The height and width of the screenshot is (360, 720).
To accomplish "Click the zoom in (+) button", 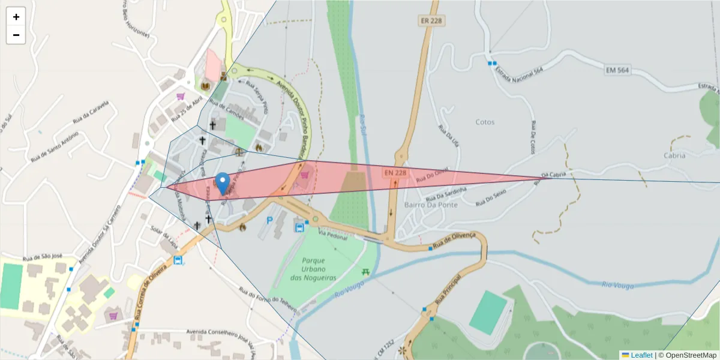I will [x=16, y=17].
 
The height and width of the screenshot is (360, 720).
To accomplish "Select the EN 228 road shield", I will [x=395, y=173].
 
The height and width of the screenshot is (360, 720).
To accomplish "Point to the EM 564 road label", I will [x=617, y=71].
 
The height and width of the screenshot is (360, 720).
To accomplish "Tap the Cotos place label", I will [x=485, y=122].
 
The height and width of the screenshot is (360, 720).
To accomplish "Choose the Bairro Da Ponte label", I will [x=431, y=205].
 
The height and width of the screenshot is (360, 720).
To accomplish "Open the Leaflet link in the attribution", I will [x=641, y=355].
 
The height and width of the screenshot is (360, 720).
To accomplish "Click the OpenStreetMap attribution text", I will [x=687, y=355].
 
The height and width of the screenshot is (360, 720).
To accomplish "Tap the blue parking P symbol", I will [x=269, y=220].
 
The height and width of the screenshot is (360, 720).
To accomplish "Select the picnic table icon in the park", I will [x=366, y=272].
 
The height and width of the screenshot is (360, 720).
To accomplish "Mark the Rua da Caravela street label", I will [x=91, y=112].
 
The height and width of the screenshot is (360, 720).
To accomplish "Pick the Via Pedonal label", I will [x=333, y=235].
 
